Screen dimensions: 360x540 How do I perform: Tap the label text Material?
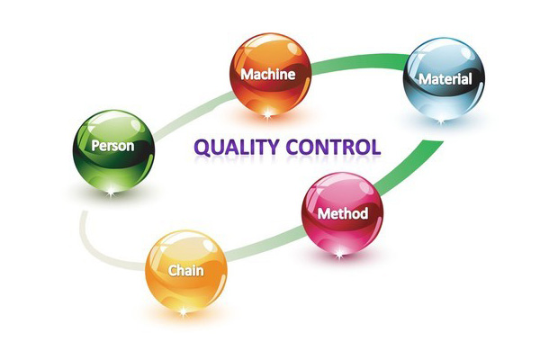pyautogui.click(x=445, y=79)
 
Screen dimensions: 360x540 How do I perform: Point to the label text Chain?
pyautogui.click(x=185, y=269)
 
